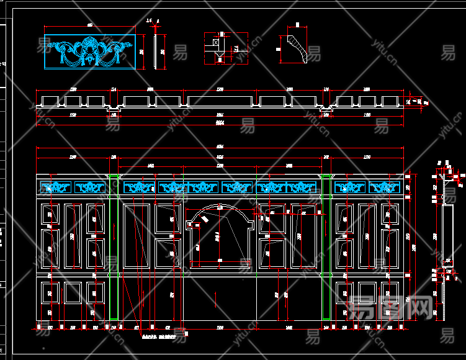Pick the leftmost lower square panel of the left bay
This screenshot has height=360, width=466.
click(49, 293)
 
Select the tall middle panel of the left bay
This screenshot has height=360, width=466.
click(72, 236)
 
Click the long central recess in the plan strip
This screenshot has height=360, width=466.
click(220, 101)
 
